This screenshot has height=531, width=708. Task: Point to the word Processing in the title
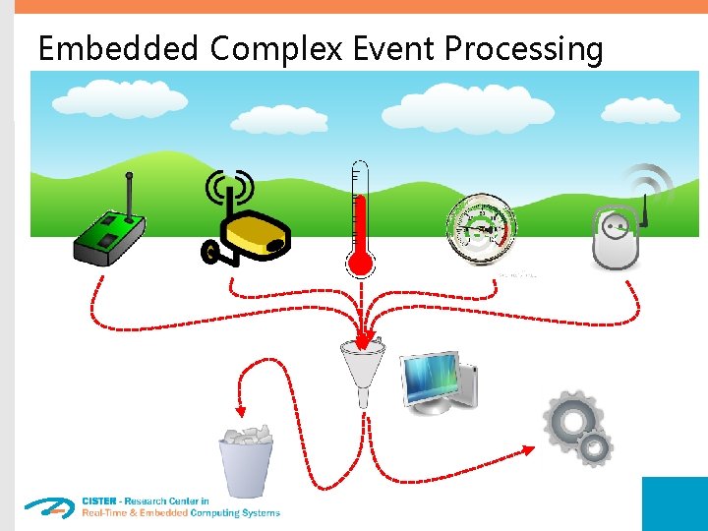click(x=524, y=48)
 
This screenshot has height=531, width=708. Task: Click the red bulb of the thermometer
click(x=361, y=262)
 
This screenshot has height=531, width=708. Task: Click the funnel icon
click(x=363, y=364)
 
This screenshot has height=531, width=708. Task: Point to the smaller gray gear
click(x=594, y=448)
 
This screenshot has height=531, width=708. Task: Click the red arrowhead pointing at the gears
click(x=528, y=450)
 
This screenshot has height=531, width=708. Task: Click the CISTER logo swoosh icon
click(x=49, y=507)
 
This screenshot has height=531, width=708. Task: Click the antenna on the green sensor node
click(x=128, y=198)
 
